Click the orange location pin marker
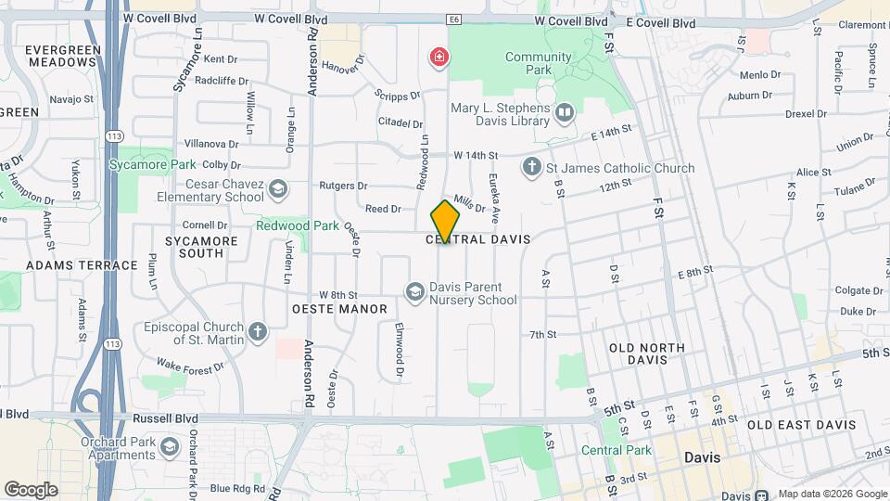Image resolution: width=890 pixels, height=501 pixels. (x=445, y=221)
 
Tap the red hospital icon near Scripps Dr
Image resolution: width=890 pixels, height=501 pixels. (x=438, y=58)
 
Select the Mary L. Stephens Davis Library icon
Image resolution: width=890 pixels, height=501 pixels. (x=564, y=113)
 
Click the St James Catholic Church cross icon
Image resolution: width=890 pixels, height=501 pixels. (x=531, y=168)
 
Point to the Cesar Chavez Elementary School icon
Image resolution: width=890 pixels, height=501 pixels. (x=277, y=190)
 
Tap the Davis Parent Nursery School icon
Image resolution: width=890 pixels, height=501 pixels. (x=413, y=293)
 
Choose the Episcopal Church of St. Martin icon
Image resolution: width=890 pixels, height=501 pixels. (x=258, y=331)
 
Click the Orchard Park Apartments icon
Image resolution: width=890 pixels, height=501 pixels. (x=169, y=448)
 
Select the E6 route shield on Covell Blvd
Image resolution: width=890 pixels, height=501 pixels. (x=453, y=19)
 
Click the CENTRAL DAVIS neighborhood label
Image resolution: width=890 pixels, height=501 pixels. (x=477, y=239)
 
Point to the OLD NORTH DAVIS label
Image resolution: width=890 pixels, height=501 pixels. (x=646, y=353)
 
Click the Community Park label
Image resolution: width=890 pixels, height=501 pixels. (x=538, y=63)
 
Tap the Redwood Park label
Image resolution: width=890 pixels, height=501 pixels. (x=298, y=225)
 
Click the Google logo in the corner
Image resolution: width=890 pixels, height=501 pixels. (x=31, y=489)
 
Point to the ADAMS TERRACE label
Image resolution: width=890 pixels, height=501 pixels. (x=82, y=265)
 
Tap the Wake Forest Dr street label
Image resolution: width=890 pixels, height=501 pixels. (x=190, y=366)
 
